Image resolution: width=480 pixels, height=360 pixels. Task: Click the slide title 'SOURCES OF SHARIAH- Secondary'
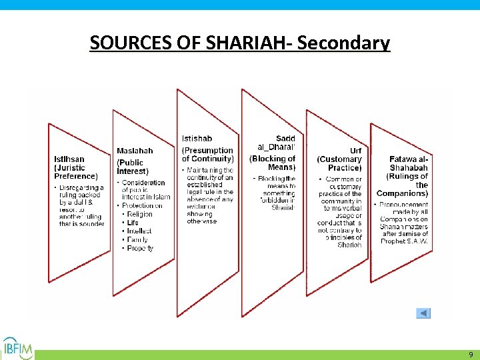(239, 43)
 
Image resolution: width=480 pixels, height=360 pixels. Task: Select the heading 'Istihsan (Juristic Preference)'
(75, 167)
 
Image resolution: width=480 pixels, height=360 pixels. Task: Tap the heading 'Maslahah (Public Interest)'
(135, 161)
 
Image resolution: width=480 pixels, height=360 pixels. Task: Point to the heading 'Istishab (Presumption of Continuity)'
(207, 149)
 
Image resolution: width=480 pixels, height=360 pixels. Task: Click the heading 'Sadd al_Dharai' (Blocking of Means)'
(273, 153)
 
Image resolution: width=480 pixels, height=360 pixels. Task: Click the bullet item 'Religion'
(139, 215)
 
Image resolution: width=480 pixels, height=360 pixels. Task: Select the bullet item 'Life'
(133, 223)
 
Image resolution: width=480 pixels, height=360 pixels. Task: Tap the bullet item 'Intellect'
(139, 231)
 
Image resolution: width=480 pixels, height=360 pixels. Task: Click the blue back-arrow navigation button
(423, 313)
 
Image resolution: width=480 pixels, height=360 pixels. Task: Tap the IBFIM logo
(17, 347)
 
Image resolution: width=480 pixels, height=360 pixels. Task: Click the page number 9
(470, 355)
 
